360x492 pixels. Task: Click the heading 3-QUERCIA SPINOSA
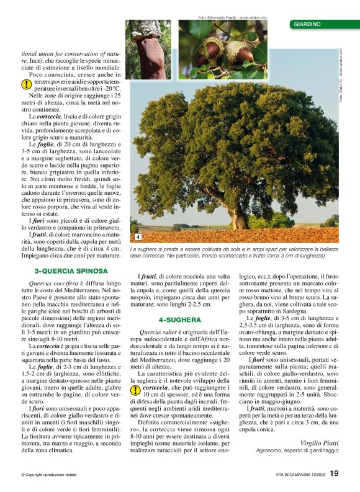click(71, 271)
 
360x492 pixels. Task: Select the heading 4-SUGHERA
click(180, 320)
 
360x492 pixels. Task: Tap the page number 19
click(335, 473)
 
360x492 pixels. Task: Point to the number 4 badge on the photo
click(138, 237)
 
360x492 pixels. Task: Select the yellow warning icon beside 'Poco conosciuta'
click(27, 84)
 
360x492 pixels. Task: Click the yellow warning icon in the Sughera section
click(135, 390)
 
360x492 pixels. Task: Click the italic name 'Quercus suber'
click(160, 333)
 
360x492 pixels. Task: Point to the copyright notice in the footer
click(49, 475)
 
